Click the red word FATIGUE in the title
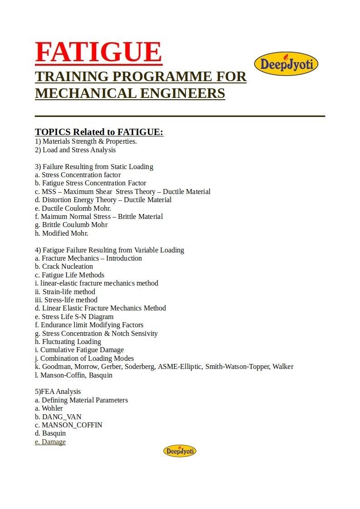tap(98, 52)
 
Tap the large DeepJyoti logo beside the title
tap(286, 63)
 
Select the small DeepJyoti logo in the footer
tap(180, 451)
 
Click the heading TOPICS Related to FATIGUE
tap(99, 132)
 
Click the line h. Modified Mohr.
tap(62, 233)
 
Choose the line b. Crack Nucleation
tap(64, 267)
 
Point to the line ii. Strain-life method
tap(65, 291)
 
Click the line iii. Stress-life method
tap(66, 300)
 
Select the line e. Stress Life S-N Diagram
tap(74, 316)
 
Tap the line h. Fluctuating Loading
tap(68, 341)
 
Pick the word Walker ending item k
tap(282, 367)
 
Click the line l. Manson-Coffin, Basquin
tap(73, 375)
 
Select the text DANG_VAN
tap(62, 417)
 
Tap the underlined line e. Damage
tap(50, 442)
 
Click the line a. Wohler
tap(49, 408)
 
